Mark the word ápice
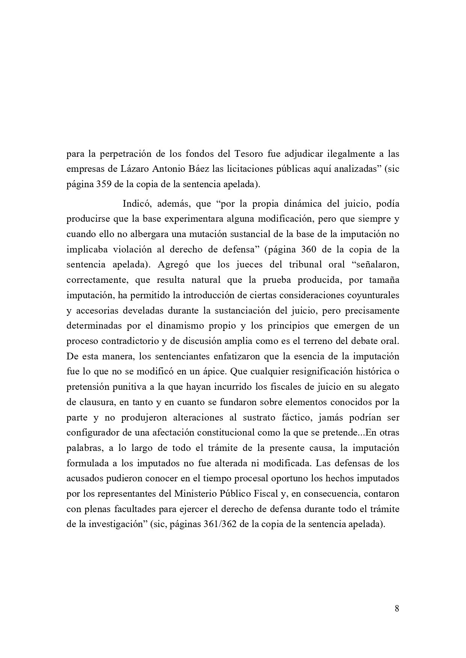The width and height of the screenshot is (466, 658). tap(213, 371)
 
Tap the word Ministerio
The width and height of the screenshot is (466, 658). tap(194, 494)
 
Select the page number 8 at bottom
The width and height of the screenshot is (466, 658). tap(397, 608)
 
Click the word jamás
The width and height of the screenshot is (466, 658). tap(333, 417)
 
